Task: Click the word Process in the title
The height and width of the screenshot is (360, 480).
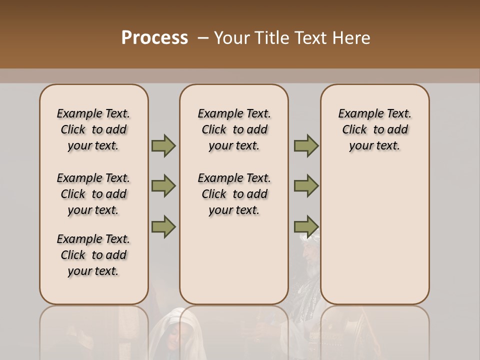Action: pos(154,38)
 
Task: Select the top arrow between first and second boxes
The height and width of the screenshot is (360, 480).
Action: pos(163,146)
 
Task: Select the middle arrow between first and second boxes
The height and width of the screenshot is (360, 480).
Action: pos(163,186)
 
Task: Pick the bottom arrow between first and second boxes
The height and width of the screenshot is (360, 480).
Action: pos(163,226)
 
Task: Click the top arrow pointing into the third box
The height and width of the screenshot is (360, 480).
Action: pos(306,146)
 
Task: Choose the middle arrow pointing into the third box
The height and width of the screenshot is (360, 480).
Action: pos(306,186)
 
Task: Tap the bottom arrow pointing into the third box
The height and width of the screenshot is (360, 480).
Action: pos(306,226)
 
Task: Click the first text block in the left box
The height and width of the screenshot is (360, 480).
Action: pos(93,129)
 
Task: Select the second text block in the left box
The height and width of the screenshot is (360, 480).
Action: pos(93,194)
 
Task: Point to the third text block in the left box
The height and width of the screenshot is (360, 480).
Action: pos(93,255)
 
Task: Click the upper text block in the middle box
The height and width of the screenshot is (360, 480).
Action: pos(234,129)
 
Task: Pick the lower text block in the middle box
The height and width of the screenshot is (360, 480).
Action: pos(234,194)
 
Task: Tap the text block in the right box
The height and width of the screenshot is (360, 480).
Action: pos(375,129)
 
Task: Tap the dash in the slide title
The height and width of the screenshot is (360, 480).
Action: pos(203,38)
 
